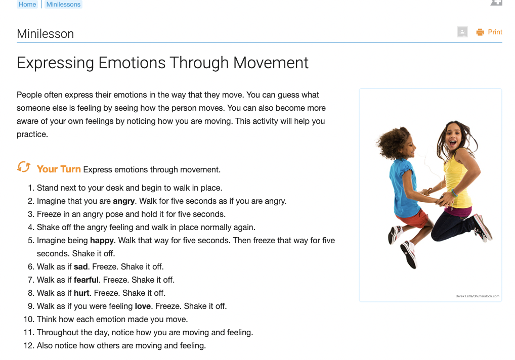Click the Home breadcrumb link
(27, 4)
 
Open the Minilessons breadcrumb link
(63, 4)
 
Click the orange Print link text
(495, 32)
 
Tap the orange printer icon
(480, 32)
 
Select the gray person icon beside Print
(462, 32)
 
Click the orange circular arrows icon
(23, 167)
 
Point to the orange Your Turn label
(59, 169)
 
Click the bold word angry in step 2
(123, 201)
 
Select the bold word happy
(103, 240)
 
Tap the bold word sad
(80, 266)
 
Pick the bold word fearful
(86, 280)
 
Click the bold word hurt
(81, 293)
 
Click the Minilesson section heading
(45, 34)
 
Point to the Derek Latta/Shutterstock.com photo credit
(477, 296)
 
